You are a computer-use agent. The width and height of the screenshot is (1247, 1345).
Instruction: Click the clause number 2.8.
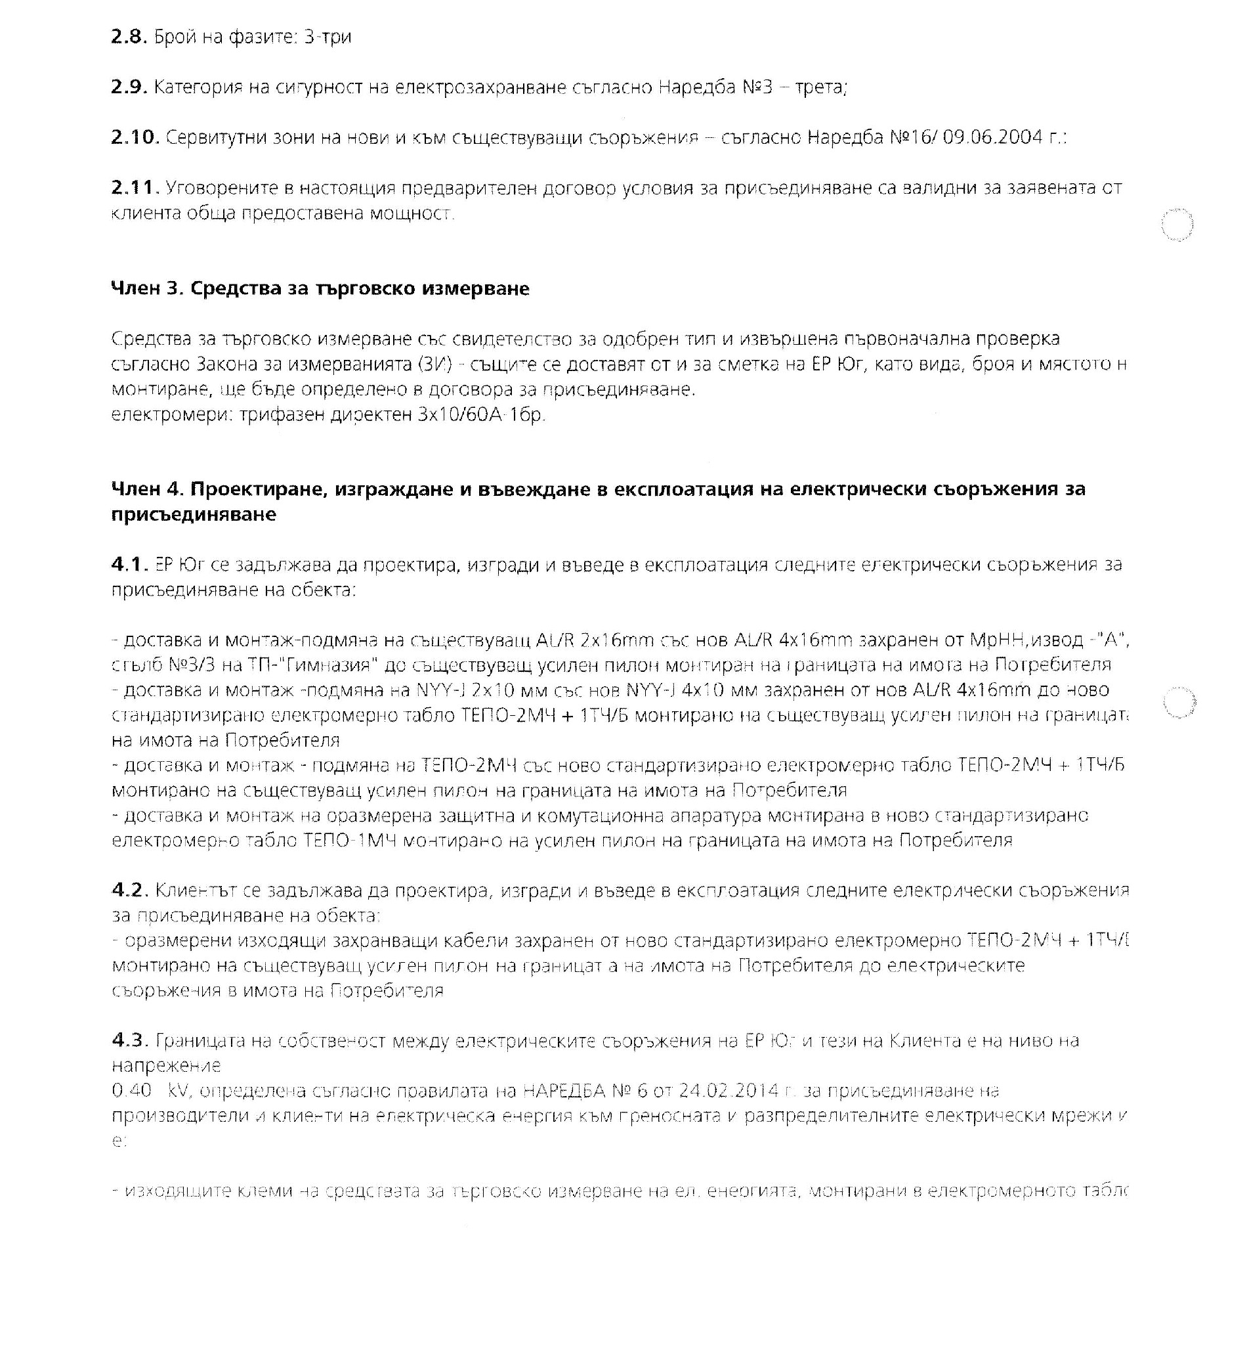coord(129,37)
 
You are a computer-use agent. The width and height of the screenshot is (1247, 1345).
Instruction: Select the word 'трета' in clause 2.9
coord(820,87)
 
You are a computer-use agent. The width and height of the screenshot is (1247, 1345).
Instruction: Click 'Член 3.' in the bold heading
coord(147,288)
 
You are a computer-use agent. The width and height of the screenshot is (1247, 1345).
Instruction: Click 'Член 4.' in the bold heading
coord(147,489)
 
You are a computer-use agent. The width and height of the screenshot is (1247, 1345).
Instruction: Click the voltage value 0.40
coord(131,1090)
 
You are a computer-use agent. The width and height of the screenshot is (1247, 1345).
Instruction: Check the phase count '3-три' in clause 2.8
coord(328,37)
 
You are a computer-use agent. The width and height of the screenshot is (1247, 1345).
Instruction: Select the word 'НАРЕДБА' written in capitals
coord(565,1090)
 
